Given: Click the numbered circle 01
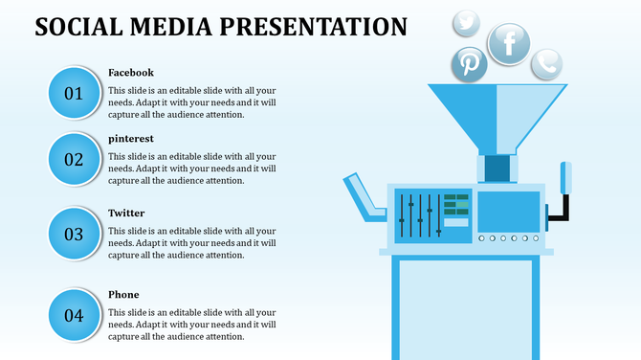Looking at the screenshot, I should [x=74, y=93].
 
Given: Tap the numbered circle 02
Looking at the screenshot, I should [x=74, y=159].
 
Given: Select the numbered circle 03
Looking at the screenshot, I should [x=74, y=234].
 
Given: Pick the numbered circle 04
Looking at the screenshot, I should [x=74, y=315].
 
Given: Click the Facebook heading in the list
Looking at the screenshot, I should [x=131, y=73].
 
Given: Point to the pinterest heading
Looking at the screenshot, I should [x=131, y=139].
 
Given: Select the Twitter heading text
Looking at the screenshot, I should [x=126, y=213].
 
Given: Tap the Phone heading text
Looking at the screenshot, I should [x=123, y=295].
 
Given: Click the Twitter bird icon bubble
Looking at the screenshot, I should [x=466, y=22].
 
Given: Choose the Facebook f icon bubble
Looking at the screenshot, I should [x=509, y=43].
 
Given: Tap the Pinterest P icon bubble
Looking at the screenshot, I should [x=470, y=64].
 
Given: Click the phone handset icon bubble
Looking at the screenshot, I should [x=546, y=63].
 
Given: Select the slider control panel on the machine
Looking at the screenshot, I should [x=433, y=215].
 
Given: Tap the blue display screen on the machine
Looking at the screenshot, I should [x=507, y=211].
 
